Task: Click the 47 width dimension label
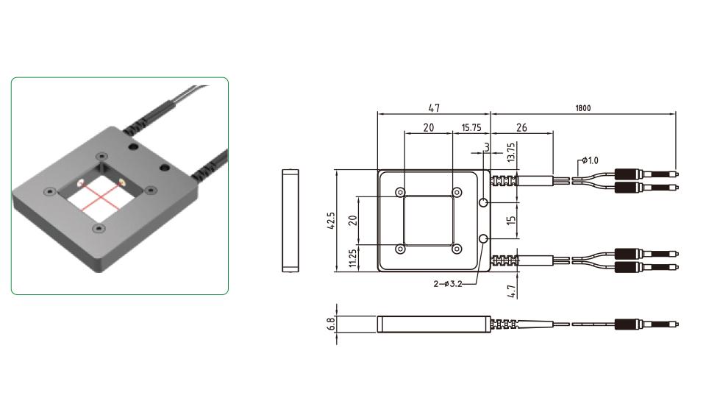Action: point(434,108)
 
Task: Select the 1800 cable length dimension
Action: point(582,108)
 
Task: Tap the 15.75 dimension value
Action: point(471,128)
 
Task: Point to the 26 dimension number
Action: point(521,128)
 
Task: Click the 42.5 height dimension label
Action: point(331,221)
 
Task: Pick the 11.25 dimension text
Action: point(352,258)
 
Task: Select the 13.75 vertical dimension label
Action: point(510,152)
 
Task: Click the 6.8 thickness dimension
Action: point(331,324)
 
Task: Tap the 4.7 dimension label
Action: point(511,291)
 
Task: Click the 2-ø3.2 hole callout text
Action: point(448,284)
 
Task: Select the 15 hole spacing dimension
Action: point(511,220)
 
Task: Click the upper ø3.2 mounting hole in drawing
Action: point(483,202)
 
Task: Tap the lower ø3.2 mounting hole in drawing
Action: point(483,238)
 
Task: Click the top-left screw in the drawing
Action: point(400,193)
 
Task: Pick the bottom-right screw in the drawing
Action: point(457,249)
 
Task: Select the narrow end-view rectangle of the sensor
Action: point(290,221)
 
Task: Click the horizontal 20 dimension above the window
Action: point(429,128)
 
